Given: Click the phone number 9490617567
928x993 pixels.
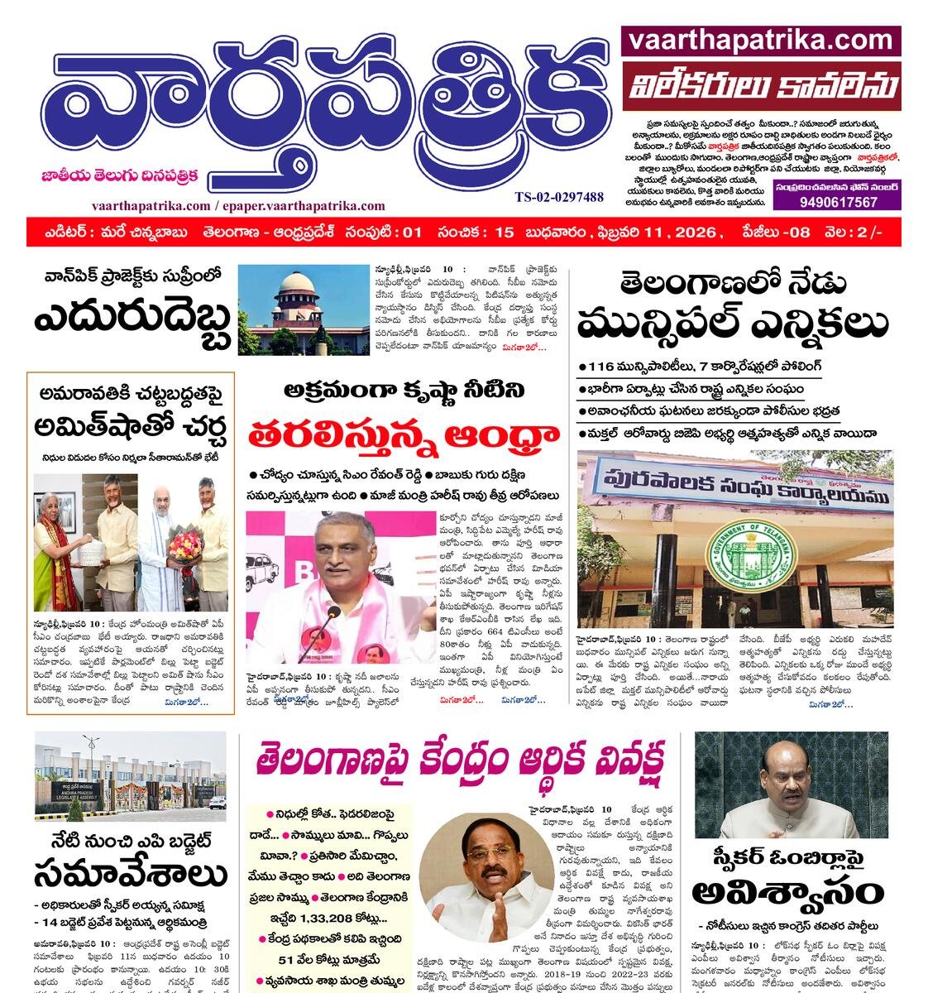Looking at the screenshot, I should click(x=837, y=202).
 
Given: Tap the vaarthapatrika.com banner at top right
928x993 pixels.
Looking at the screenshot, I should click(x=760, y=40).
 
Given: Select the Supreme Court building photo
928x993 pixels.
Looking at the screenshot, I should click(x=304, y=309).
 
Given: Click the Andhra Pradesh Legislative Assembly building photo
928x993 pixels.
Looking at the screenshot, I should click(x=130, y=776).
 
